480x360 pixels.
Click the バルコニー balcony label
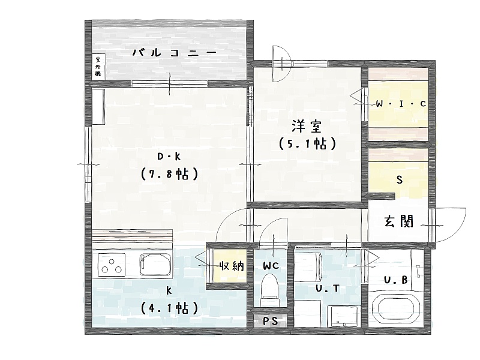coord(175,53)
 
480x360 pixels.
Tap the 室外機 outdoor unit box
coord(98,67)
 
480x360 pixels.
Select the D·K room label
coord(169,157)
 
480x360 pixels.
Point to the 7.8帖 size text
coord(169,174)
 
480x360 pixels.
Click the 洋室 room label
coord(307,126)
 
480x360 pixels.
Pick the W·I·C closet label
coord(401,104)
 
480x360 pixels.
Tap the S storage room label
coord(399,179)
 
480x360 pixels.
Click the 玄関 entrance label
coord(398,221)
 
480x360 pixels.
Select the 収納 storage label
coord(232,266)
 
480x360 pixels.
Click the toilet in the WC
coord(269,290)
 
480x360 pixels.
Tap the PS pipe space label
coord(271,321)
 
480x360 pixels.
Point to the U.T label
coord(328,289)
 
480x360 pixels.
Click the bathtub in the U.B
coord(396,308)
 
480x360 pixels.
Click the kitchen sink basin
coord(155,265)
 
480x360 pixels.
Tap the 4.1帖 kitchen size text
coord(169,308)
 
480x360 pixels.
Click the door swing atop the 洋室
coord(281,64)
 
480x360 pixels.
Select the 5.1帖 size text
coord(307,143)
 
